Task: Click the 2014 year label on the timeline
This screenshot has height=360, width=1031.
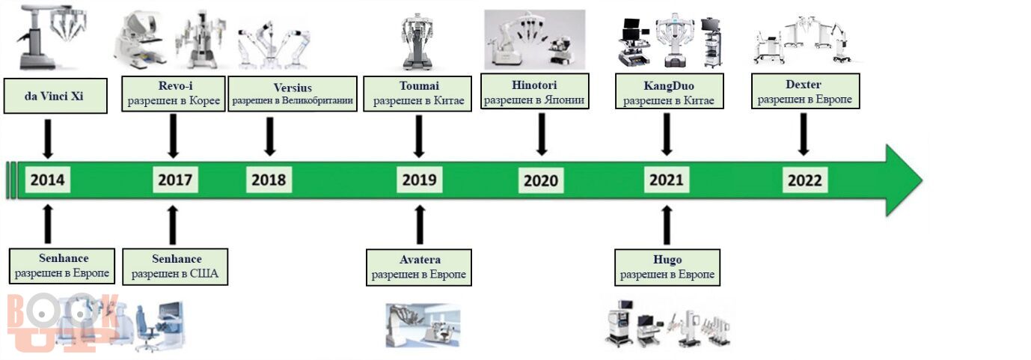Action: pos(47,180)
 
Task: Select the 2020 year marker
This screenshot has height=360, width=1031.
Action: pos(541,180)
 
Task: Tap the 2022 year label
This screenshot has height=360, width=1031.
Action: pos(804,180)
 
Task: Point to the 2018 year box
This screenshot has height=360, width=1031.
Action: pos(269,180)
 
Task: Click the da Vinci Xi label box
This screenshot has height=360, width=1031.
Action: pos(55,96)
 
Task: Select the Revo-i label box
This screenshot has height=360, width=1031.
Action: pos(174,94)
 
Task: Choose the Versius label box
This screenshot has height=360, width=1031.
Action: pos(293,94)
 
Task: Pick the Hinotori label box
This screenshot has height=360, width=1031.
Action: pos(534,91)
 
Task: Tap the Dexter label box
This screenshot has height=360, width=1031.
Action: pos(806,91)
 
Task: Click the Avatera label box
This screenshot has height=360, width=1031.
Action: pos(419,267)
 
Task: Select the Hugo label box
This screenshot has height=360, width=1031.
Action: pos(667,267)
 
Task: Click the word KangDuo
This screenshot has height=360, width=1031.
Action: pos(669,86)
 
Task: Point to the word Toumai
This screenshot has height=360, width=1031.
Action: pos(419,85)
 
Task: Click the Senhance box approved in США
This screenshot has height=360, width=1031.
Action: pos(175,267)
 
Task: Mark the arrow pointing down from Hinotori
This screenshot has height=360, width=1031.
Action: pos(542,135)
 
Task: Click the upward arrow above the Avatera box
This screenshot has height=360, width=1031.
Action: pos(419,225)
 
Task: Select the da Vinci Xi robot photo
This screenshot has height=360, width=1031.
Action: pos(51,37)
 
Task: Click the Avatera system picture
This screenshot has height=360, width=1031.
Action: pos(423,325)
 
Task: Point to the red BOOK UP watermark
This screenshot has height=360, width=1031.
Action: pos(62,323)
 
